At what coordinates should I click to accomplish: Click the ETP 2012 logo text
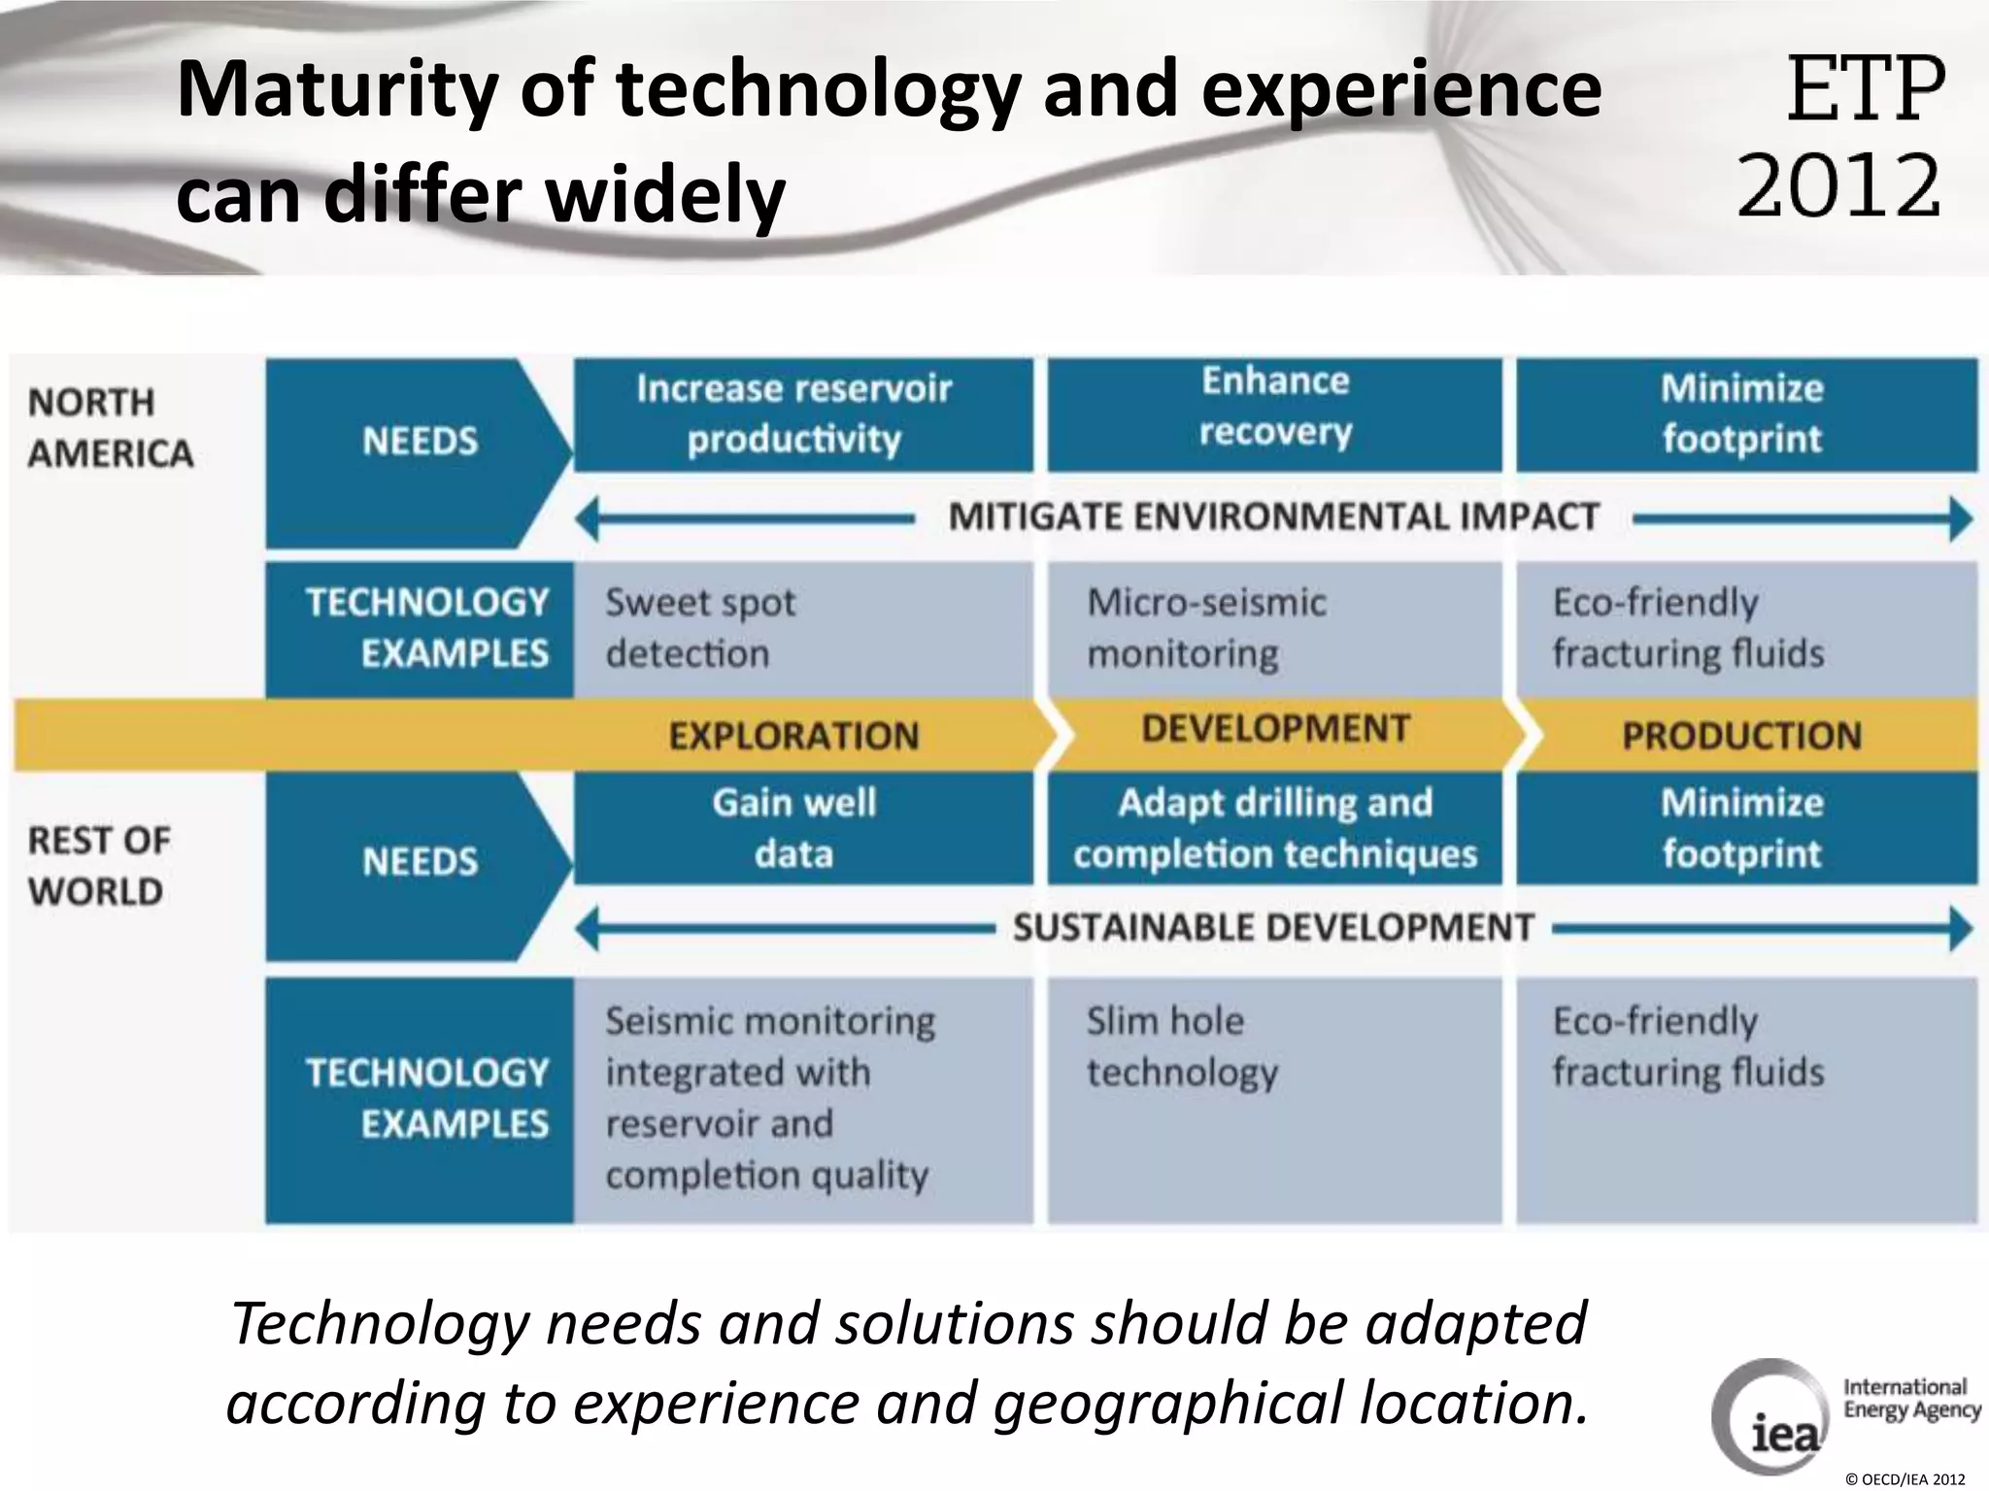coord(1842,136)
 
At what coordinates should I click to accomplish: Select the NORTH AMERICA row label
coord(110,428)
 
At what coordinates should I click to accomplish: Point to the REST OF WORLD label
coord(98,866)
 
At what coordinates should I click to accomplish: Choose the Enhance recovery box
coord(1274,414)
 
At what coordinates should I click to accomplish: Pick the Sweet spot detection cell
coord(802,628)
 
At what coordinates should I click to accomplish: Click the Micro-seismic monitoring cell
coord(1274,628)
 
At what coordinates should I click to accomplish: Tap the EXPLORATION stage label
coord(792,736)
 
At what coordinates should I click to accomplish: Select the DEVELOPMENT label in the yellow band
coord(1274,729)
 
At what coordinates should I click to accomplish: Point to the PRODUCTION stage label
coord(1741,736)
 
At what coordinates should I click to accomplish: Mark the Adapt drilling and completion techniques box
coord(1274,828)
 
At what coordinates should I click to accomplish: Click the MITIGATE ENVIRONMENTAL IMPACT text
coord(1272,516)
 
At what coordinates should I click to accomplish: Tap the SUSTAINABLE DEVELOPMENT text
coord(1272,928)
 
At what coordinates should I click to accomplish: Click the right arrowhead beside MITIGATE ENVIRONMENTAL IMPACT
coord(1960,518)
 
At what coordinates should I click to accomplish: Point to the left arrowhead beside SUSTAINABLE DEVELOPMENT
coord(587,929)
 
